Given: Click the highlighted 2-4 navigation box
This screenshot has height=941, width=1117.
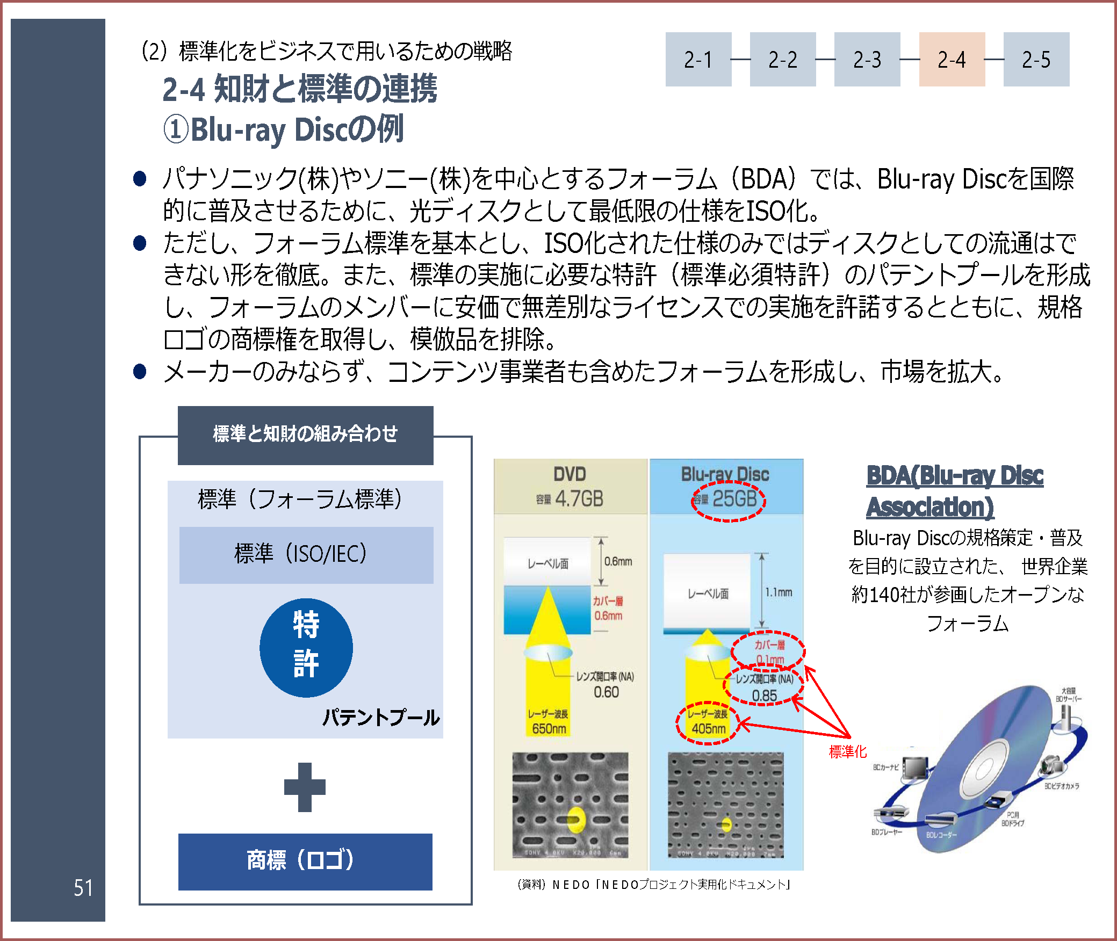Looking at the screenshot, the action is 952,59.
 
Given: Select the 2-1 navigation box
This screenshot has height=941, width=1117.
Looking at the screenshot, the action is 698,59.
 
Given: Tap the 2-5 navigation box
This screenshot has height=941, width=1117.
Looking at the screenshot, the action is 1036,59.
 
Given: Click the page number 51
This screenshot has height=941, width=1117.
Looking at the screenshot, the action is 83,888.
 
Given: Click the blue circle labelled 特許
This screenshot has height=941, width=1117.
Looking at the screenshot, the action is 306,648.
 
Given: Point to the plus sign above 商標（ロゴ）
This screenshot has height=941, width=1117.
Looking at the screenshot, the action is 305,787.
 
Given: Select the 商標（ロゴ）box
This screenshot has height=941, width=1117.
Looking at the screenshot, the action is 305,861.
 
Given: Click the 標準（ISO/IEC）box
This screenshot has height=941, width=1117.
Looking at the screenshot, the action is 306,554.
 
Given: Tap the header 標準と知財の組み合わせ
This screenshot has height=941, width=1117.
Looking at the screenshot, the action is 305,434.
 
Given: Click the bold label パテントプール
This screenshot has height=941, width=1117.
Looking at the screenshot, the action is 381,718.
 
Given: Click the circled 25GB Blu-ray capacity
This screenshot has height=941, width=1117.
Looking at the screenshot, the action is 733,499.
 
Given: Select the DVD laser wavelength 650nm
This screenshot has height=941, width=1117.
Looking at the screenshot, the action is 549,728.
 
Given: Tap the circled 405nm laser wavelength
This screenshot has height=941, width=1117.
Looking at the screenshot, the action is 709,728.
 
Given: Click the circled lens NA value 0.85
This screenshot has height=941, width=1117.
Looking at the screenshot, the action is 764,696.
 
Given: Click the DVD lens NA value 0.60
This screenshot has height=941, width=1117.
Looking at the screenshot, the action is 606,692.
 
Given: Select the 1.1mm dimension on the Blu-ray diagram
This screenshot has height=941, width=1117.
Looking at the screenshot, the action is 779,592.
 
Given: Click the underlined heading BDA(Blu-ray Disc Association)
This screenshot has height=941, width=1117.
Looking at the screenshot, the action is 954,491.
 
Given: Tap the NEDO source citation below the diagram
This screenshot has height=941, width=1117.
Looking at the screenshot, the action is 653,884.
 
